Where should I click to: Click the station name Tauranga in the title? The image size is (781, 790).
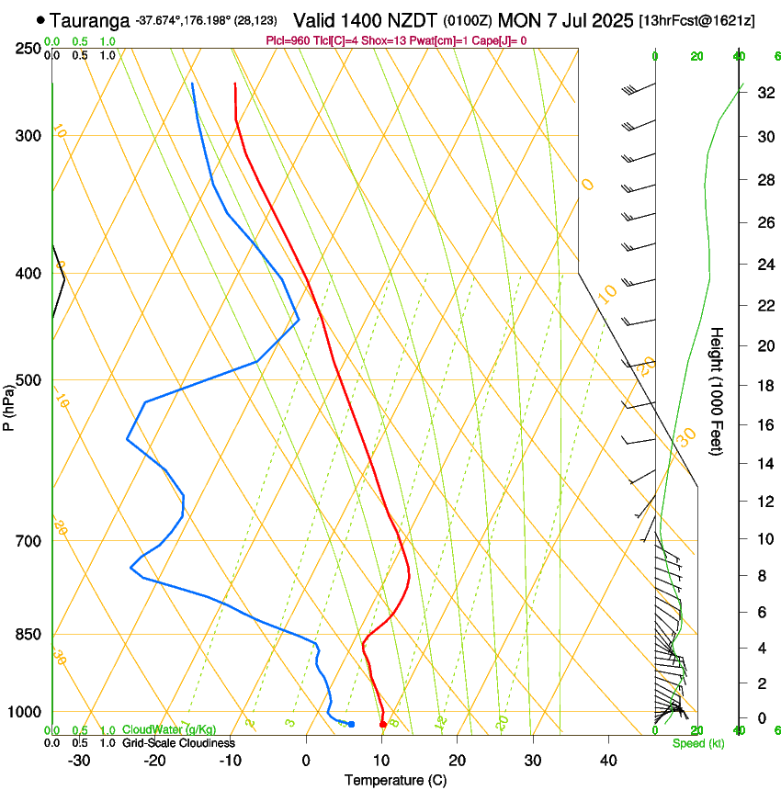[x=88, y=19]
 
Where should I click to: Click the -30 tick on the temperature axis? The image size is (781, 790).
[x=80, y=760]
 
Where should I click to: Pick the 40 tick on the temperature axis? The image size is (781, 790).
[x=607, y=760]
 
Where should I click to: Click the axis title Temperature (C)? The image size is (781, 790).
[x=395, y=780]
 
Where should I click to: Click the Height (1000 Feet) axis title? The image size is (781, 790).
[x=719, y=390]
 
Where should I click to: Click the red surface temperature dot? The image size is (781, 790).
[x=383, y=725]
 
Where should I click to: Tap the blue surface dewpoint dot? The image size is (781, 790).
[x=351, y=725]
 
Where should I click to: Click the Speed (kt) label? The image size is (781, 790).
[x=697, y=743]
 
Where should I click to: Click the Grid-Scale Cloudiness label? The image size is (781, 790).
[x=177, y=742]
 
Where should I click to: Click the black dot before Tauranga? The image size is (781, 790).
[x=40, y=19]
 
